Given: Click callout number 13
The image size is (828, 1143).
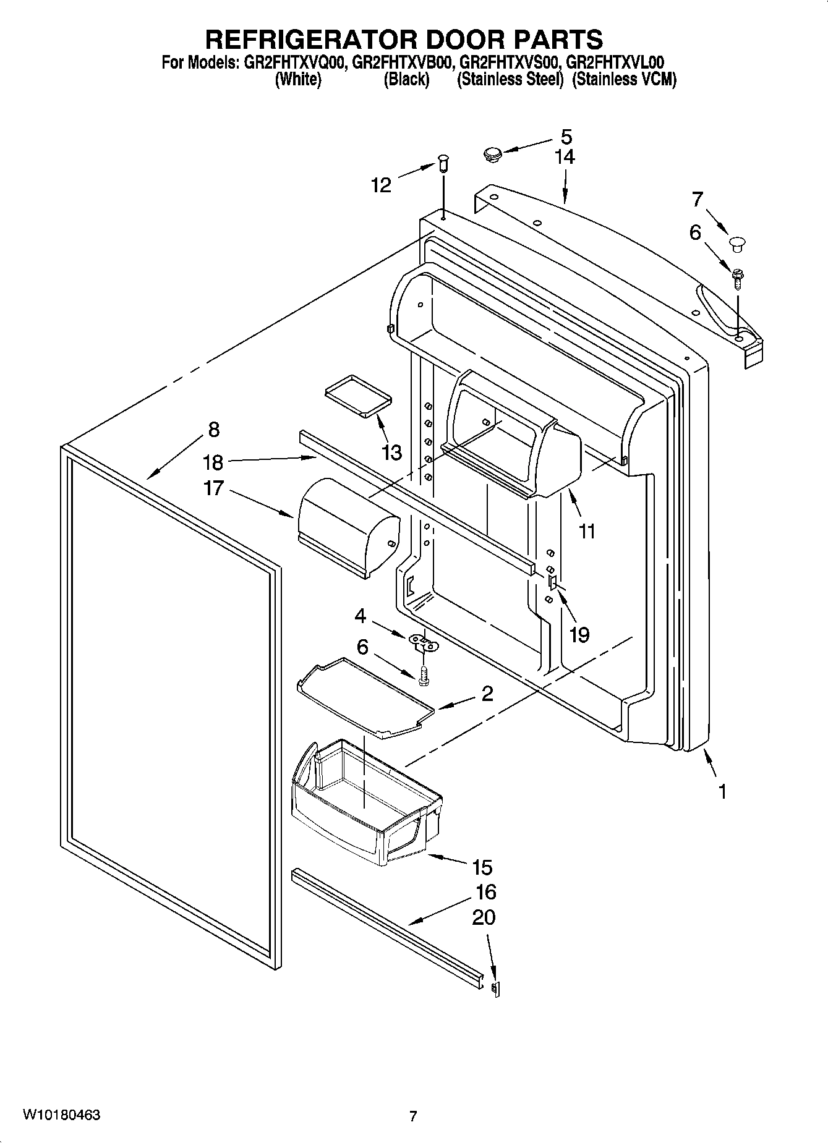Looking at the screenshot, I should point(392,453).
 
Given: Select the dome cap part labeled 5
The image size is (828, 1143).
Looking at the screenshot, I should point(493,153).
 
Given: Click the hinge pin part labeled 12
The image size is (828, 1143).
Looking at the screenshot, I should point(443,164).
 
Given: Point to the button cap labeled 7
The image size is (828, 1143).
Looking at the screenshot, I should point(737,243).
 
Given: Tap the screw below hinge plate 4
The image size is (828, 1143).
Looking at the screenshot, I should point(424,676).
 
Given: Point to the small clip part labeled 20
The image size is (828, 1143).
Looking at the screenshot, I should point(495,988).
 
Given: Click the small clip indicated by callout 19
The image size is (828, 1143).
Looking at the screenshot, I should point(553,581).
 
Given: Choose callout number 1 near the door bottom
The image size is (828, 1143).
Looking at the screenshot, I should point(722,791).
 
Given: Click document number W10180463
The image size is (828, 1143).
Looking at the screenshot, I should point(61,1115).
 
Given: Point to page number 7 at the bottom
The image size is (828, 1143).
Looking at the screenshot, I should point(413,1116).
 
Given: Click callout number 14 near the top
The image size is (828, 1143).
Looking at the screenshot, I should point(564,157).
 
